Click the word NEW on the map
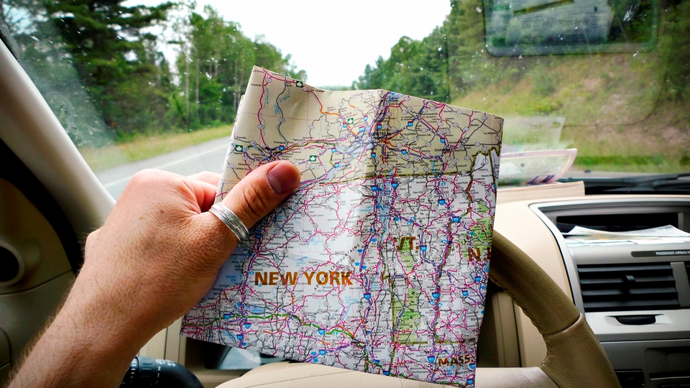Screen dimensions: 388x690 tap(275, 278)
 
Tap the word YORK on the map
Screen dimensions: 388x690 tap(328, 278)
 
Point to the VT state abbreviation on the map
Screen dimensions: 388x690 tap(406, 244)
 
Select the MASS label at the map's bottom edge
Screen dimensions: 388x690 tap(454, 360)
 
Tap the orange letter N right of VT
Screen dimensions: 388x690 tap(474, 253)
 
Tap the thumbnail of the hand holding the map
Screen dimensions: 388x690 tap(283, 177)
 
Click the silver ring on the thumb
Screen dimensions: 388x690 tap(229, 221)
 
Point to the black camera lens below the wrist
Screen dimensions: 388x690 tap(161, 374)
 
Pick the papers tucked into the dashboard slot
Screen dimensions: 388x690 tap(625, 232)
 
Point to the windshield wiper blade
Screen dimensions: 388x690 tap(632, 178)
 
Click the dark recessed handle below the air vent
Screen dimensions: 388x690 tap(636, 319)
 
